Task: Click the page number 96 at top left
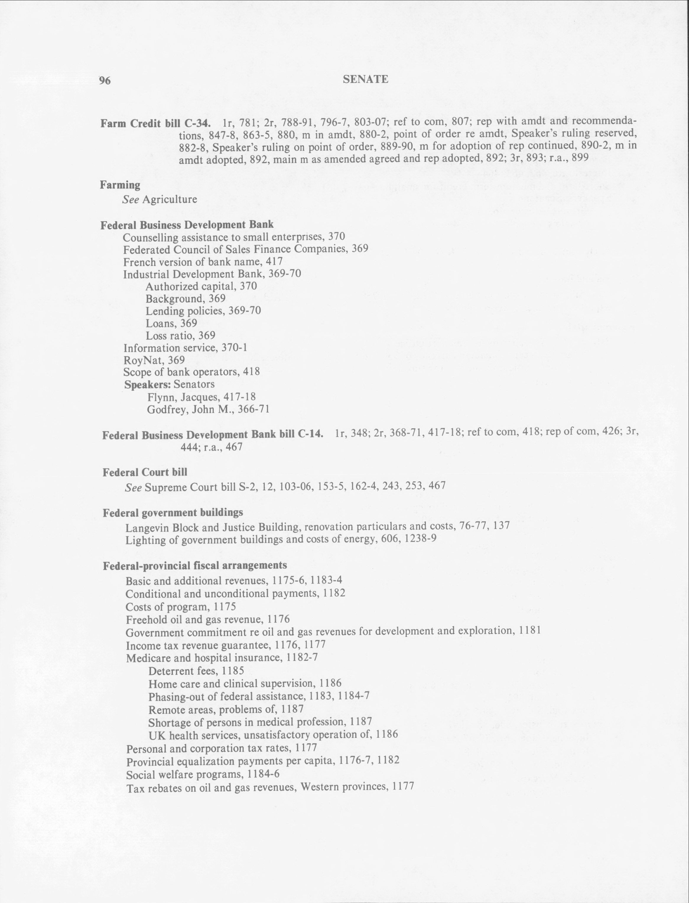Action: pos(105,81)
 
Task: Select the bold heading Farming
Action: pos(120,185)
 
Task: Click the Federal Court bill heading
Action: pos(145,472)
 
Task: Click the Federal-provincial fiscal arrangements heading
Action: pos(194,566)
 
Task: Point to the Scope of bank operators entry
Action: pos(191,372)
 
